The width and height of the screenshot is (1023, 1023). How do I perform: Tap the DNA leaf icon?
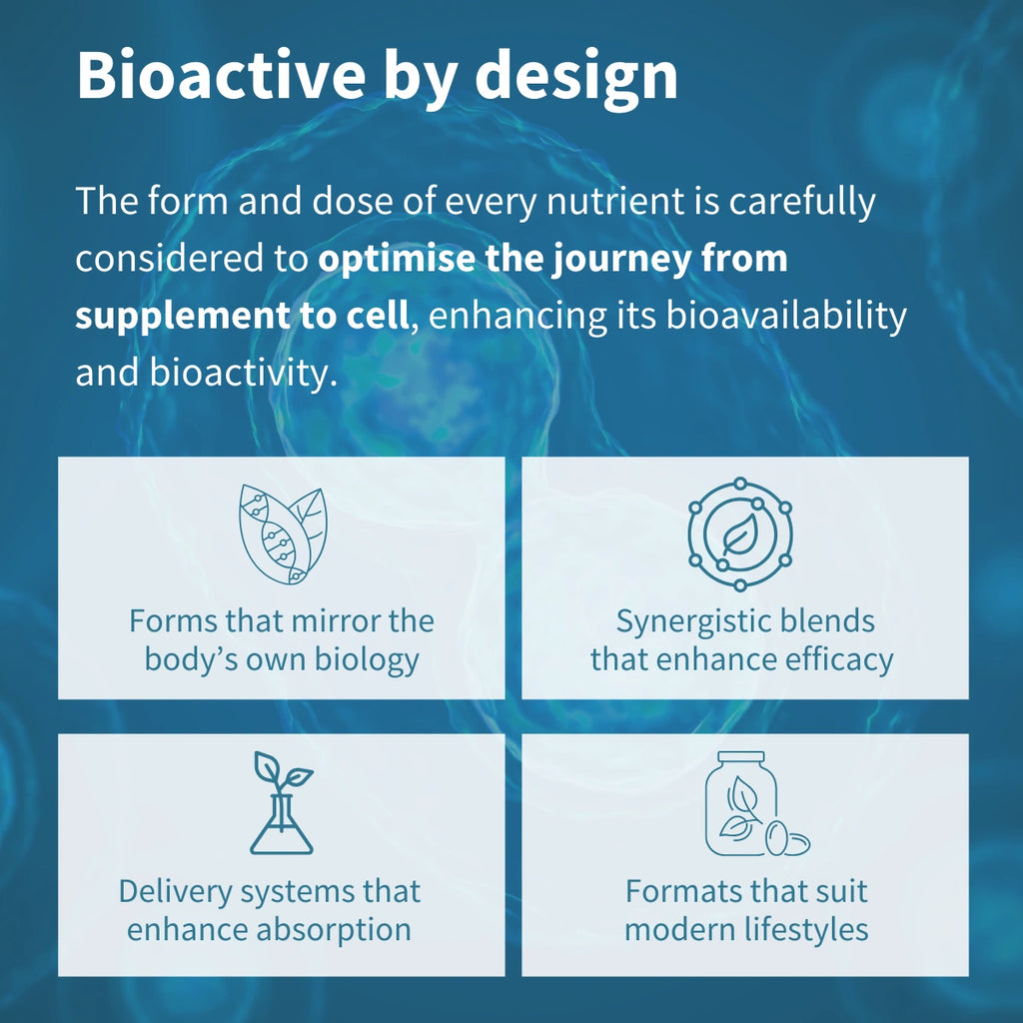point(282,534)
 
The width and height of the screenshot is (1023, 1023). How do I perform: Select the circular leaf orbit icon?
point(740,534)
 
